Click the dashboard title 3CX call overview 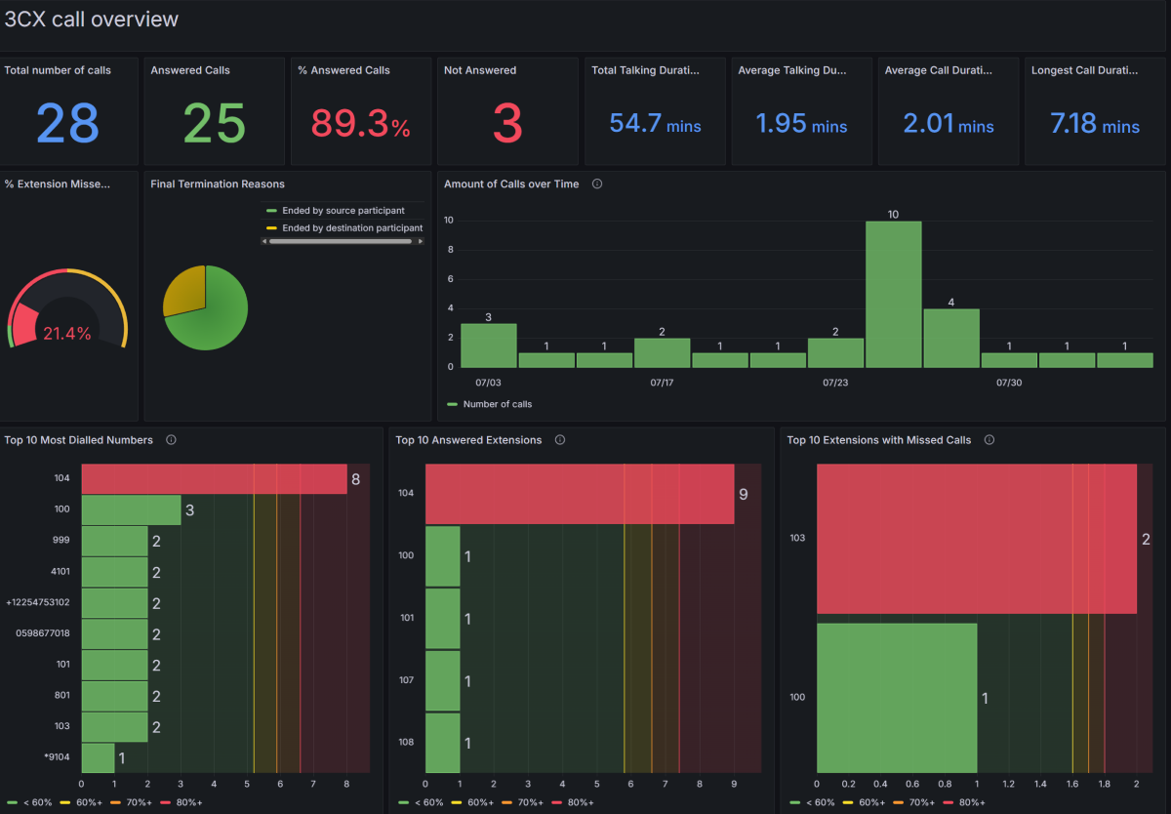click(92, 20)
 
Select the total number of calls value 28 click(68, 123)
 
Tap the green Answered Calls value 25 click(214, 123)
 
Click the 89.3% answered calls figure click(360, 124)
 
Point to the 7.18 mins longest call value click(1095, 124)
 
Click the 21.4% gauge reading click(67, 334)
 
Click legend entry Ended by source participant click(343, 211)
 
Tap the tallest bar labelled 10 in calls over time click(893, 294)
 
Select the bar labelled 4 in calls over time click(951, 338)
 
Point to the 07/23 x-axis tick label click(835, 383)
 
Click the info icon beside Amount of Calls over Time click(597, 183)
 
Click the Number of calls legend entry click(497, 404)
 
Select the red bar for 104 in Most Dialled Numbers click(214, 479)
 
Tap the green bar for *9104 click(98, 758)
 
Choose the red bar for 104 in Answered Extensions click(579, 495)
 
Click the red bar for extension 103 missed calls click(976, 539)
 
